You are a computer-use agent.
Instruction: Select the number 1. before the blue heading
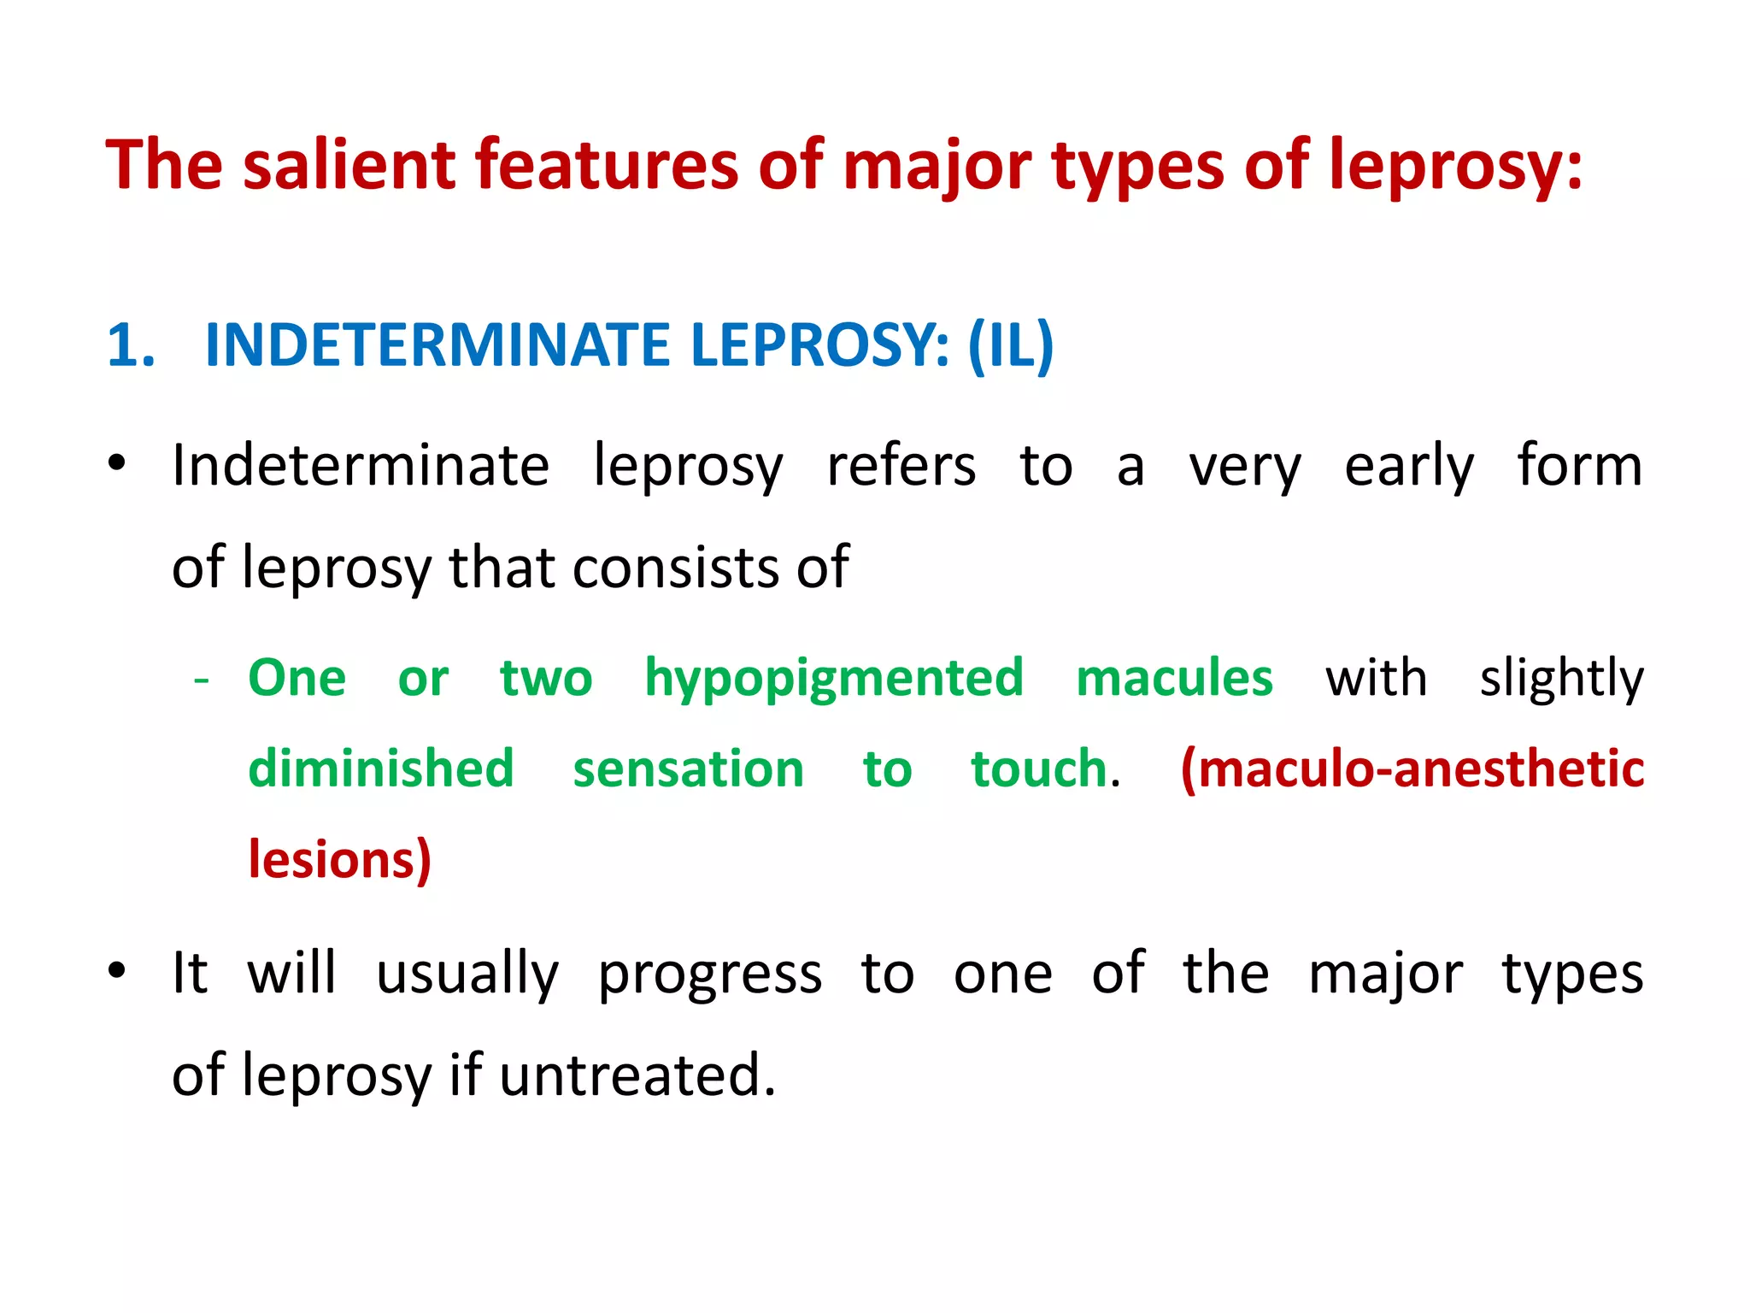tap(132, 346)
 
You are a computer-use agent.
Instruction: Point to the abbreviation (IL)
tap(1011, 346)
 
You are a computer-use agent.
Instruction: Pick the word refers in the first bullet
tap(901, 467)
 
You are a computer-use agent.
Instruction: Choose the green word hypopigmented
tap(834, 680)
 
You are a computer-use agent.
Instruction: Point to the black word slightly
tap(1562, 680)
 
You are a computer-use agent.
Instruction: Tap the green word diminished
tap(381, 768)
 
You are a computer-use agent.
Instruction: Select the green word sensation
tap(689, 769)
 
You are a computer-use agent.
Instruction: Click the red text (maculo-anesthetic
tap(1412, 768)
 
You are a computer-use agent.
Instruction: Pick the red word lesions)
tap(340, 859)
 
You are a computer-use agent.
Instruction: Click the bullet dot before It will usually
tap(117, 972)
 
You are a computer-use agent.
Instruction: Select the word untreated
tap(637, 1075)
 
